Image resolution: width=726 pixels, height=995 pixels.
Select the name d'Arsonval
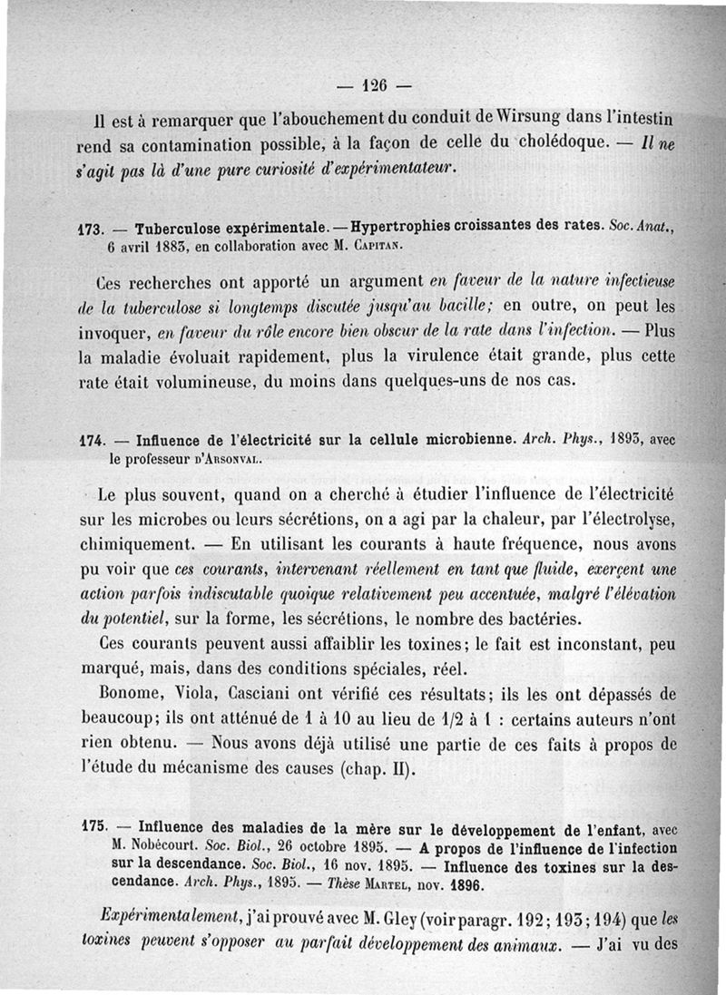[223, 461]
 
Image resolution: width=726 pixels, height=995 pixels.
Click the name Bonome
[132, 695]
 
